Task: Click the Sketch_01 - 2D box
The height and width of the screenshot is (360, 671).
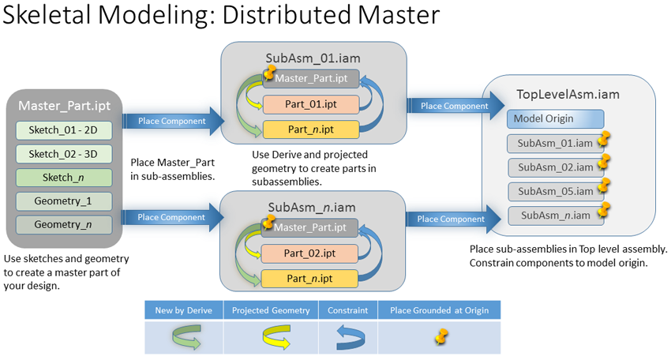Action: click(64, 130)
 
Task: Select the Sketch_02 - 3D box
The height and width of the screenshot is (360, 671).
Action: click(64, 154)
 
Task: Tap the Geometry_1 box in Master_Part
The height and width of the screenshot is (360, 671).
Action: click(64, 201)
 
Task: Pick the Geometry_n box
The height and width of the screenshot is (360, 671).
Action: click(64, 225)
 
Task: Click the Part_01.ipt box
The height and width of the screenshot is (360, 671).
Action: click(310, 103)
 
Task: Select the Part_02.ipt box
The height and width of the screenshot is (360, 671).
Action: click(310, 253)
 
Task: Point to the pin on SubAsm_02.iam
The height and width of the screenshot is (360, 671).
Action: click(604, 163)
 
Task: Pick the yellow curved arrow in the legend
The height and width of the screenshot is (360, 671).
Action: click(271, 338)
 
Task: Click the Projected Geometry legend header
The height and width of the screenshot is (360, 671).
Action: click(271, 310)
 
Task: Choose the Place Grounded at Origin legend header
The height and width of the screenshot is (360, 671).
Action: click(439, 310)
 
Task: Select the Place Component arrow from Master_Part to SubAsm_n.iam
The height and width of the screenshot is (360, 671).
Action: click(171, 217)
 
